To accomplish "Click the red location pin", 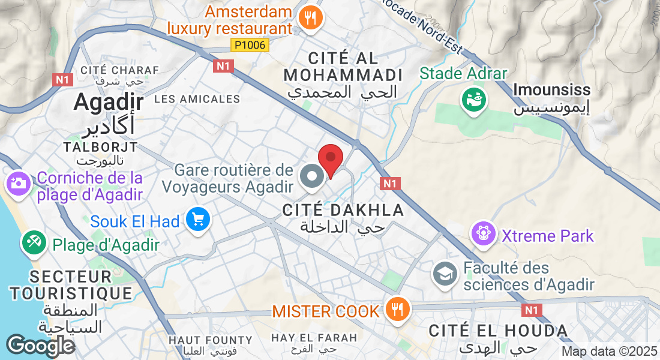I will click(x=330, y=160).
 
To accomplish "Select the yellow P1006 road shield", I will click(x=250, y=45).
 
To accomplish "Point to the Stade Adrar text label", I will click(x=463, y=74).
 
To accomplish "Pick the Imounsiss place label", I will click(x=552, y=91).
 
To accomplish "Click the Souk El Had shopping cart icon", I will click(x=197, y=220).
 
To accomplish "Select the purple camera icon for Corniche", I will click(x=19, y=182).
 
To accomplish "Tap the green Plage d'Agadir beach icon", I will click(x=33, y=242).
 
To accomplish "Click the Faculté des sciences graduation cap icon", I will click(x=445, y=274).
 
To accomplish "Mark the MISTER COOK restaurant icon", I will click(x=397, y=310).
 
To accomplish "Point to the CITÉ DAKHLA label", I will click(x=343, y=210).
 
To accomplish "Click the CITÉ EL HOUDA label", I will click(x=498, y=331).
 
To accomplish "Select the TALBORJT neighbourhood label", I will click(x=101, y=147).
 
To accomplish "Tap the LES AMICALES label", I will click(x=197, y=98).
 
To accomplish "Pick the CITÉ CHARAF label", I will click(x=119, y=70).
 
